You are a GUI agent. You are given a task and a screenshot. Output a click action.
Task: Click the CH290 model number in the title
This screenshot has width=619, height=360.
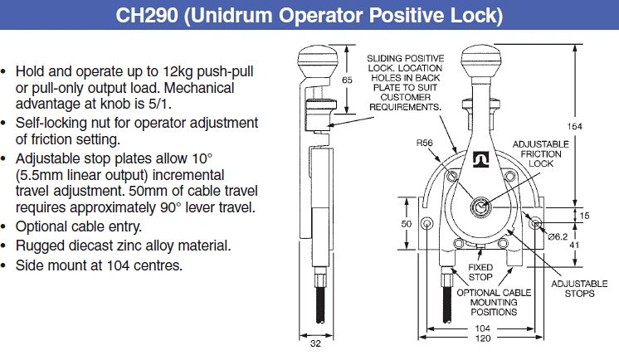coord(145,17)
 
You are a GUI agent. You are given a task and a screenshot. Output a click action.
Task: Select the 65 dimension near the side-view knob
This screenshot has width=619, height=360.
coord(348,80)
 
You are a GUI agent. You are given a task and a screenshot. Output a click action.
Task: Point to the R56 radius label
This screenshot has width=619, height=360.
coord(424,143)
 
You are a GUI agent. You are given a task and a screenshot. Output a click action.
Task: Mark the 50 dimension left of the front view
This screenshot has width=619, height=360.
coord(407,225)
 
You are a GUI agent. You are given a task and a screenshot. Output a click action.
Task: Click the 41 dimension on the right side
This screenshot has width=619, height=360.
coord(573,245)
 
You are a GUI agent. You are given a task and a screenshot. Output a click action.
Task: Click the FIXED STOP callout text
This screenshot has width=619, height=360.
coord(480,273)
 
